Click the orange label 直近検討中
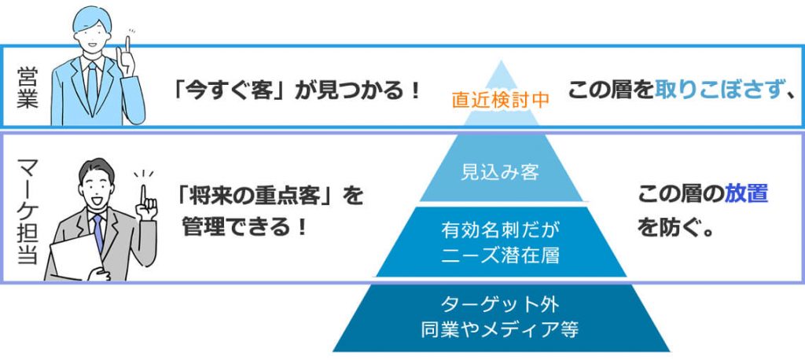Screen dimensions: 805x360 501,100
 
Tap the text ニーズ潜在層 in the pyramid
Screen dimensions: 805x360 501,255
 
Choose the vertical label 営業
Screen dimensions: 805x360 28,86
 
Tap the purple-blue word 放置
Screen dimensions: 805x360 747,195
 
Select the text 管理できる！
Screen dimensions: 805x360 245,226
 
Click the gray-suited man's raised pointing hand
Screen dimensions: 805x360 147,204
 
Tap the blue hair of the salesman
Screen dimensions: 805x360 92,20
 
